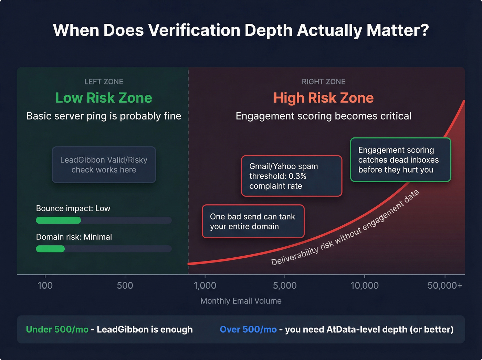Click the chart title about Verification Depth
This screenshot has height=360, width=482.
pos(241,30)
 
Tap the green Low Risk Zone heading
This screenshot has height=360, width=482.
pos(104,98)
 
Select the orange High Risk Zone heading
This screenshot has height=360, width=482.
pos(323,98)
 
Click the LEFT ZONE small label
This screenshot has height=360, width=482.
pos(104,82)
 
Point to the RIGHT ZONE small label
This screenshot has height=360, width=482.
pos(323,82)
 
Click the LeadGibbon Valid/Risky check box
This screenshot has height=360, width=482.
pos(104,165)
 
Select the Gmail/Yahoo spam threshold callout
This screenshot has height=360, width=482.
pos(292,176)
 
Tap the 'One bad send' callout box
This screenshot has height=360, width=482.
pos(253,222)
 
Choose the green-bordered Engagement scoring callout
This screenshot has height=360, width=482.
pos(400,160)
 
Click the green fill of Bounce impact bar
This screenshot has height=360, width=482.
pos(59,220)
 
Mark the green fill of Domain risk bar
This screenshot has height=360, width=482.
pos(50,249)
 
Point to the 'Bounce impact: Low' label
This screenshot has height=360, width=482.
pos(73,208)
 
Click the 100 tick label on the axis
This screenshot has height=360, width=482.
pos(45,286)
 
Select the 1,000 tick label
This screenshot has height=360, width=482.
pos(205,286)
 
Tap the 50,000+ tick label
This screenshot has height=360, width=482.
pos(444,286)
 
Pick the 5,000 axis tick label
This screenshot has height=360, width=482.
pos(285,286)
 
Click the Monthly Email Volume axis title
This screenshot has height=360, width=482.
pos(241,301)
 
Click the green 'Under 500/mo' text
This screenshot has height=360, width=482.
pos(57,329)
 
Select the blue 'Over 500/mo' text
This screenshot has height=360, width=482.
pos(248,329)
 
